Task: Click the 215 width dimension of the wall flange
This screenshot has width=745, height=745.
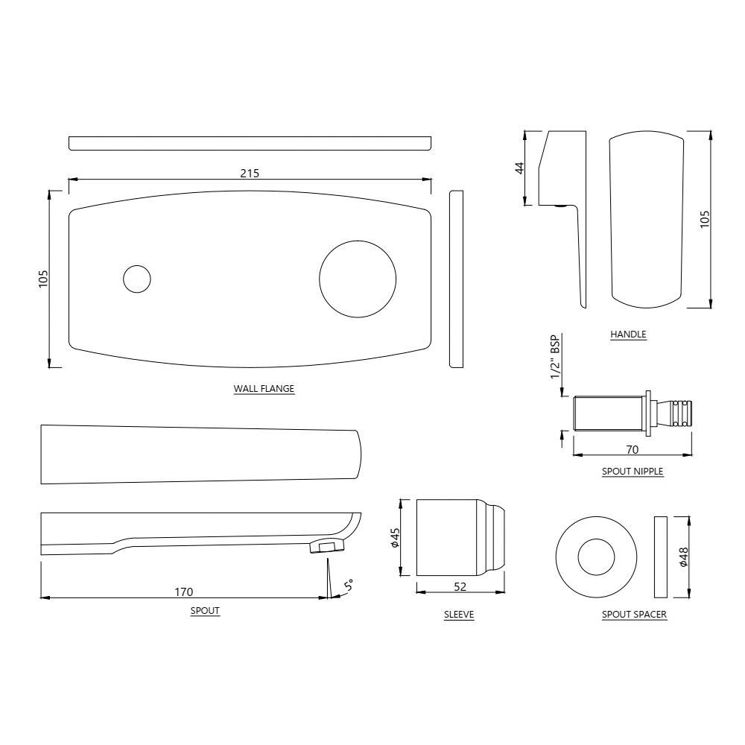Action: click(250, 173)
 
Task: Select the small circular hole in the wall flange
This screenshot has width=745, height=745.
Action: click(136, 279)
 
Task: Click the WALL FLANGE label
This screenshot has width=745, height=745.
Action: click(264, 388)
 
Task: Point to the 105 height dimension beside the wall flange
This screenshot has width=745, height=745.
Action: click(43, 279)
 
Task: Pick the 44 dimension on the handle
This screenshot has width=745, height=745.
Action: click(520, 168)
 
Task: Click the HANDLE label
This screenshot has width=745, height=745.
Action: click(628, 335)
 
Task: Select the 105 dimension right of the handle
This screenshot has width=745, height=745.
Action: click(705, 218)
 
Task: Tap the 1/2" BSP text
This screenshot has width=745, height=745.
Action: click(554, 356)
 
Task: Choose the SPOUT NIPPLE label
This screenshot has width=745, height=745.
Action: click(633, 471)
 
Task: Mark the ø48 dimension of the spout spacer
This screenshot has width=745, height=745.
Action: click(684, 557)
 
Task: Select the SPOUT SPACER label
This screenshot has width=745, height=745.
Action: click(634, 615)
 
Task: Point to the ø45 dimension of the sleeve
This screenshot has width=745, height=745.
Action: click(396, 537)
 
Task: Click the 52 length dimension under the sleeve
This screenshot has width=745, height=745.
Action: click(460, 587)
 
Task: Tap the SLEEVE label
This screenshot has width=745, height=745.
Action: click(459, 615)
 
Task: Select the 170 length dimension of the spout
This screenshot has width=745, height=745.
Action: click(184, 592)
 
